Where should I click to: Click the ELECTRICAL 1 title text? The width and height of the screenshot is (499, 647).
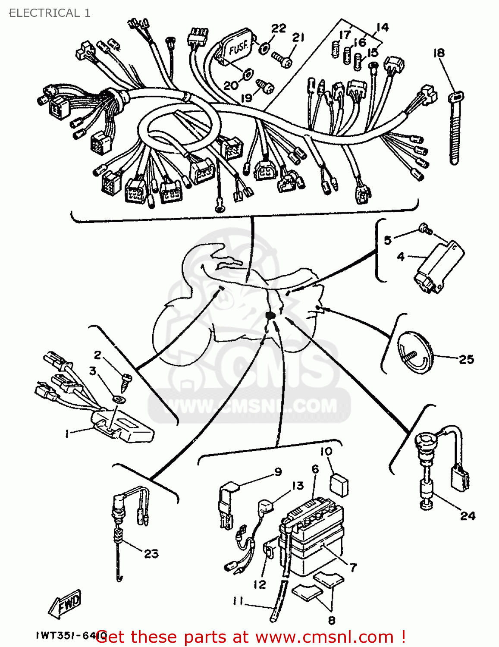point(50,13)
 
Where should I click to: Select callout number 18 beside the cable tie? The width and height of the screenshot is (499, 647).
point(439,53)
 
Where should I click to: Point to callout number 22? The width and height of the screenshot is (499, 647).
point(279,28)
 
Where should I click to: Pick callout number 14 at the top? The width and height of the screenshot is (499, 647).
point(382,28)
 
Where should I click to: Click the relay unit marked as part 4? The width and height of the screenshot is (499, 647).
point(439,267)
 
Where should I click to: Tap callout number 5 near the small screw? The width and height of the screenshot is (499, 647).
point(388,240)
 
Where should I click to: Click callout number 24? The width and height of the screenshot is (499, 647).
point(468,515)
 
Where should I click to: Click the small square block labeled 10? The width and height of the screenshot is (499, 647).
point(339,484)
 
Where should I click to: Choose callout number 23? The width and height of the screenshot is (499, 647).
point(151,553)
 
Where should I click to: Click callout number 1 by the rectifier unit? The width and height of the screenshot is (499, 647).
point(67,433)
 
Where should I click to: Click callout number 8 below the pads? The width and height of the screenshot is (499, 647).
point(331,620)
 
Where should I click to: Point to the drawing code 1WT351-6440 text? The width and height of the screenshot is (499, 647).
point(69,635)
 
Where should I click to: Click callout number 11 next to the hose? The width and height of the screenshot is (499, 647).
point(238,600)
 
